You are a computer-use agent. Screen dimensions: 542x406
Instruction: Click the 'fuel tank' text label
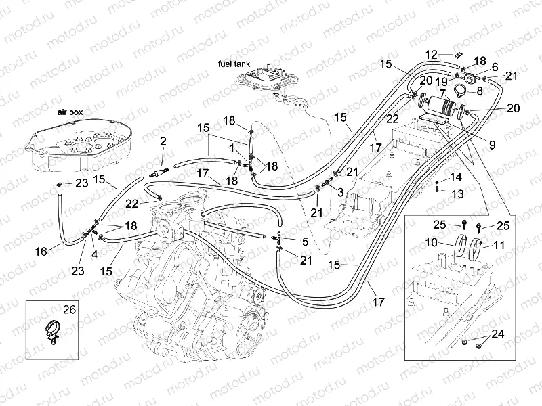tap(234, 64)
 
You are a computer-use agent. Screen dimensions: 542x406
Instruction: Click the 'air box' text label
tap(70, 112)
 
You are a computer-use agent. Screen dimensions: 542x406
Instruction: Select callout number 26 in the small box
tap(69, 309)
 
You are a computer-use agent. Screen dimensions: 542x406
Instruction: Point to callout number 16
tap(41, 251)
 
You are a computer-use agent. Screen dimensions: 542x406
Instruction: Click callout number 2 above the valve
tap(163, 141)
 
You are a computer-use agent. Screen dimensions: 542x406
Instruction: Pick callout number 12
tap(431, 55)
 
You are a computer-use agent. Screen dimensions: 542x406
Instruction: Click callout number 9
tap(493, 145)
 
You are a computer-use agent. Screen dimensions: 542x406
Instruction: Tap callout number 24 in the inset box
tap(498, 334)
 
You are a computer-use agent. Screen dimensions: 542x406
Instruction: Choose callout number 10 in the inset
tap(432, 243)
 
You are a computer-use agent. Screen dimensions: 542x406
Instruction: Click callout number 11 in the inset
tap(499, 245)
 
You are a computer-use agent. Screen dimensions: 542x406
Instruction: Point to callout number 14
tap(456, 177)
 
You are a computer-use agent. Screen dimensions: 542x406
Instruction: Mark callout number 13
tap(457, 194)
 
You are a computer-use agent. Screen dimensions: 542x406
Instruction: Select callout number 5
tap(305, 242)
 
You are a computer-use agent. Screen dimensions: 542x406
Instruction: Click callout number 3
tap(341, 192)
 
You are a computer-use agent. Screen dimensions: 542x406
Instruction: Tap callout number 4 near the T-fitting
tap(94, 254)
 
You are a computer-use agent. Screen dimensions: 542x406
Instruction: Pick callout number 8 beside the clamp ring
tap(480, 91)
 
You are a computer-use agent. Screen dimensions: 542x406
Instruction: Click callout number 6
tap(495, 66)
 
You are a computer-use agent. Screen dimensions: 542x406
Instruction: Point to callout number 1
tap(232, 148)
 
